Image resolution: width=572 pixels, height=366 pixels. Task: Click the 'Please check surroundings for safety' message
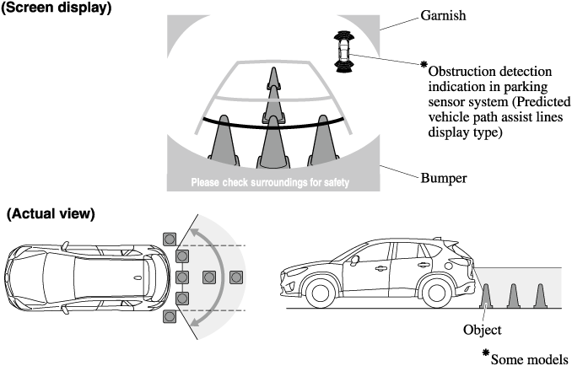pos(269,181)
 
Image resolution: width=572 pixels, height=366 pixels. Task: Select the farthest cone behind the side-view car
pos(540,295)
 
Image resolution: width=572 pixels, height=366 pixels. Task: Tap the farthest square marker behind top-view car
pos(238,276)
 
